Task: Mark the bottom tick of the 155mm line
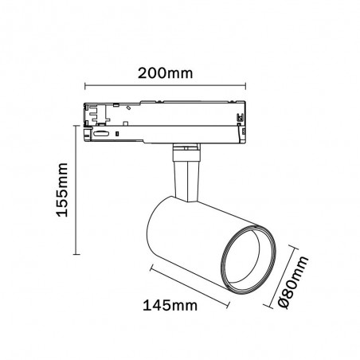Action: [x=76, y=254]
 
